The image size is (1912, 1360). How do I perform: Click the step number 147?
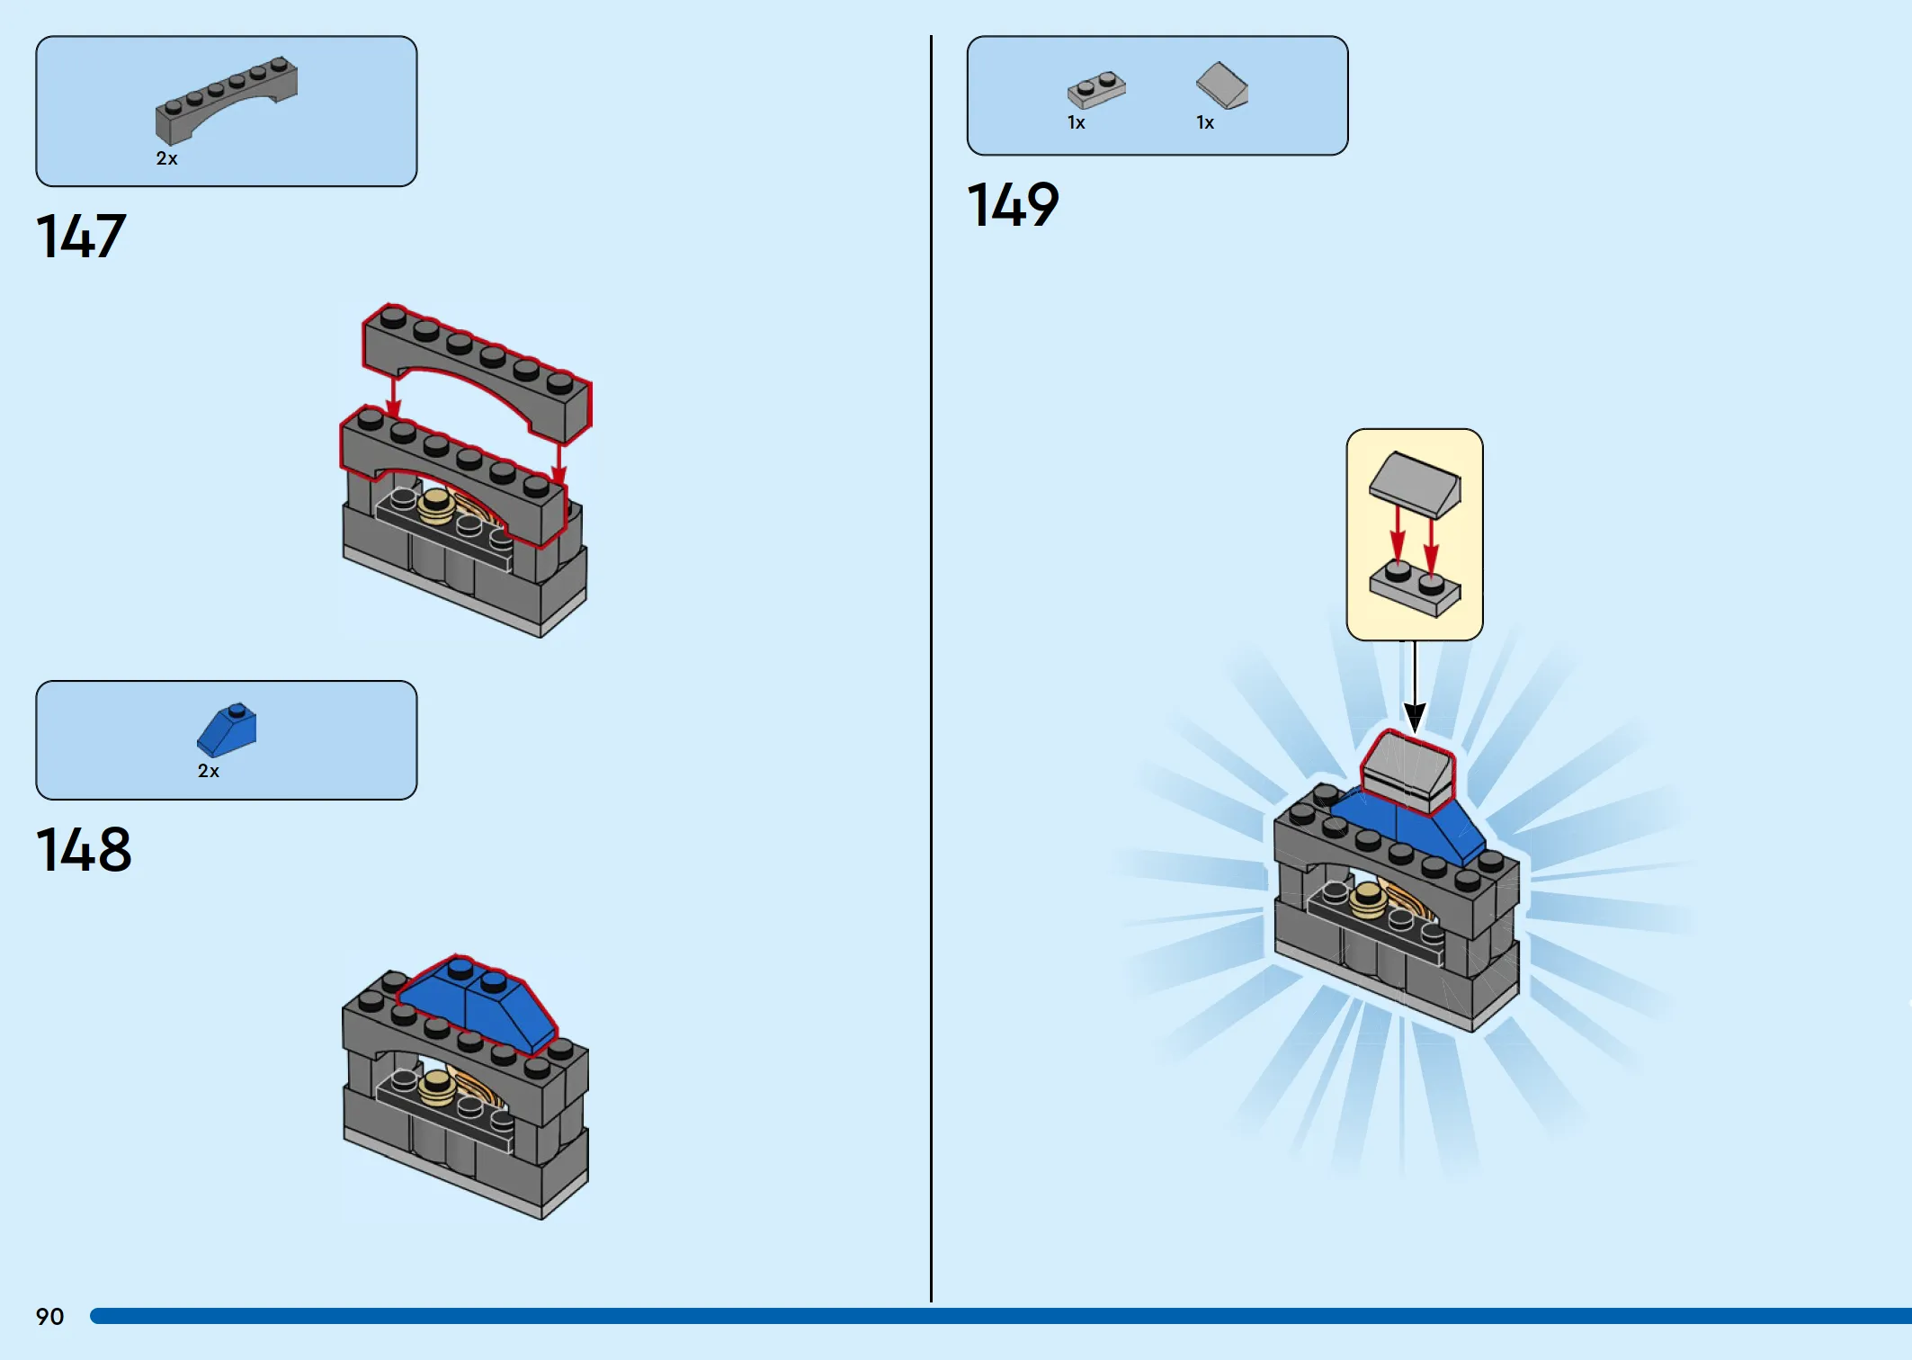point(81,237)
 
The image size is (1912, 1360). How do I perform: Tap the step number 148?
point(84,850)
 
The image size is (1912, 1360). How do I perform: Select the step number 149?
point(1013,204)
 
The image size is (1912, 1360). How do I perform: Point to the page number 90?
point(50,1317)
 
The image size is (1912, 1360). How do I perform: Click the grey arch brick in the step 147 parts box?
point(226,99)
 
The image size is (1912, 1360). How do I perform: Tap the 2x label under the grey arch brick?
point(167,159)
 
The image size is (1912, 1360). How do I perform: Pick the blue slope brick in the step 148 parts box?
point(227,729)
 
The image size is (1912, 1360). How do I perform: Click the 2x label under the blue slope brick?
point(209,771)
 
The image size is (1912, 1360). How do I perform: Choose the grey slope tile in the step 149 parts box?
point(1222,85)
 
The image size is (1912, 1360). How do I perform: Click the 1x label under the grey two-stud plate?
point(1077,123)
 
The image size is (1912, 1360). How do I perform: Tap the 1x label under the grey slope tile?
point(1205,123)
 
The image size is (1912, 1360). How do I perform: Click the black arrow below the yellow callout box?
point(1415,686)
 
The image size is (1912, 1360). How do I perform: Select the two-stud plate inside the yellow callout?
point(1415,588)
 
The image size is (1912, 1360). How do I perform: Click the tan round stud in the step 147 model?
point(437,506)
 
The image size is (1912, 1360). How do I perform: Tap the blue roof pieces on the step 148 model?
point(477,1003)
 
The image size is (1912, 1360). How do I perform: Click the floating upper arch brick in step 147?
point(477,371)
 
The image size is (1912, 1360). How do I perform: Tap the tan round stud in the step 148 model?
point(438,1087)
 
